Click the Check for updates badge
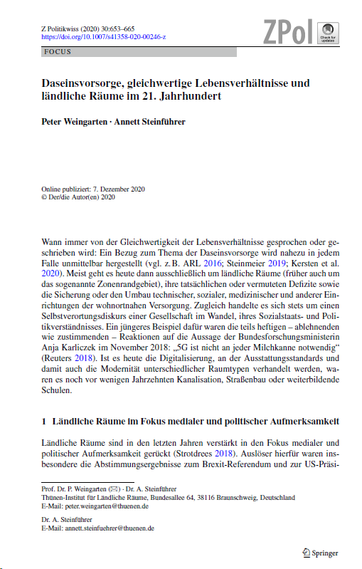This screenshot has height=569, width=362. (x=326, y=32)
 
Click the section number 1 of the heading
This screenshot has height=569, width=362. (x=44, y=421)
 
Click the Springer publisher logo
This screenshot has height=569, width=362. (x=319, y=552)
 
